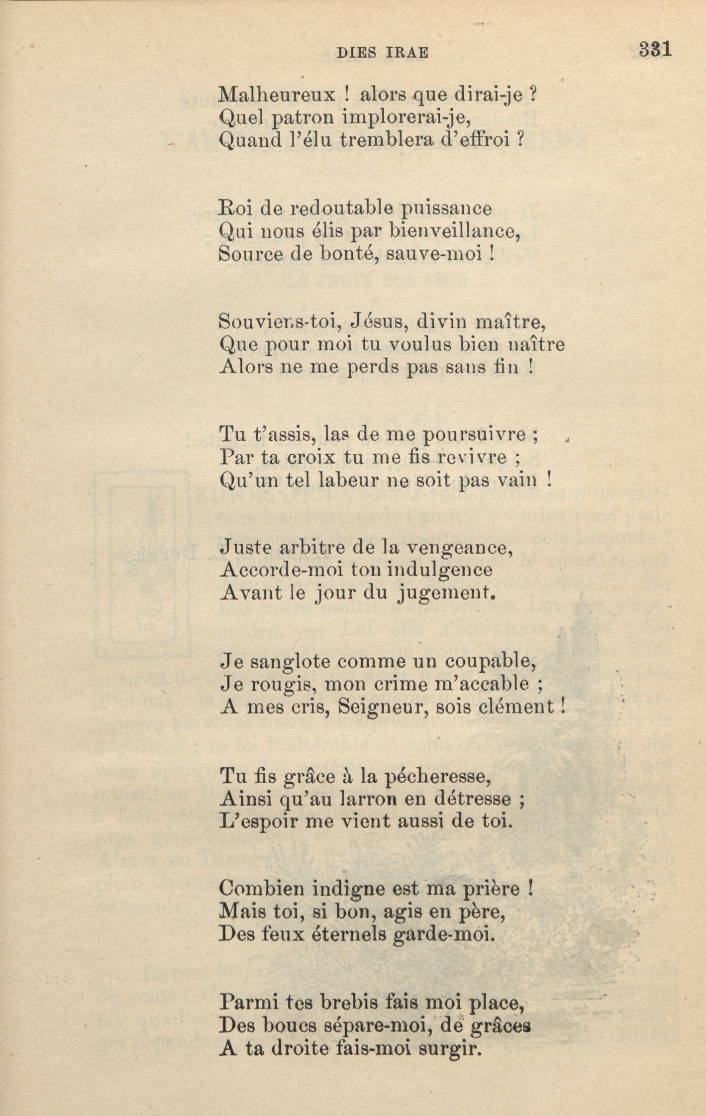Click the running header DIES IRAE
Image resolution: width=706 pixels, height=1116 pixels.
(382, 53)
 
